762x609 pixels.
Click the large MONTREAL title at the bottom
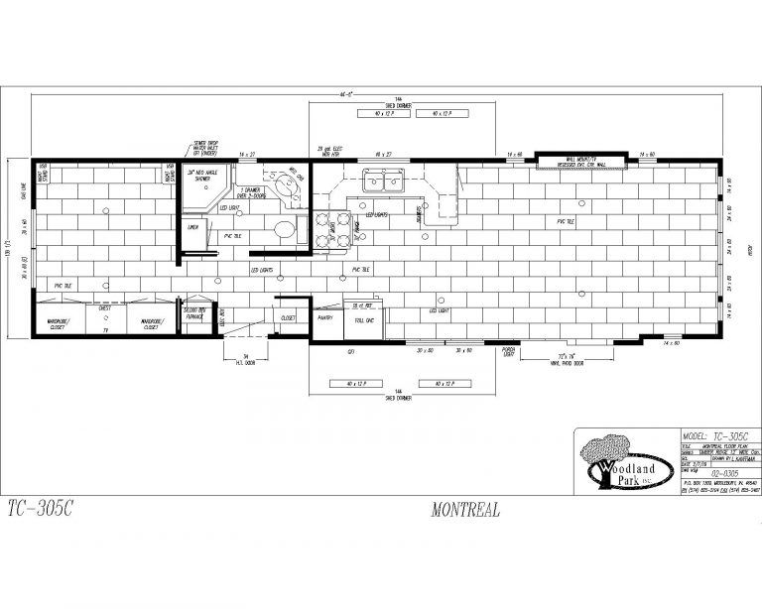click(465, 512)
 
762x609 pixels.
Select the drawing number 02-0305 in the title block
click(699, 474)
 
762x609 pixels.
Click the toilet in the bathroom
click(286, 231)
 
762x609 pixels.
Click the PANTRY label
click(324, 317)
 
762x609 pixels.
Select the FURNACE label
click(192, 315)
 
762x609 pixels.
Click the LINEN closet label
click(192, 227)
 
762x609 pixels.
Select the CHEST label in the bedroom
click(104, 309)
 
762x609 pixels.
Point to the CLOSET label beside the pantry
click(289, 317)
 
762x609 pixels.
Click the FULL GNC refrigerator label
click(362, 320)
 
